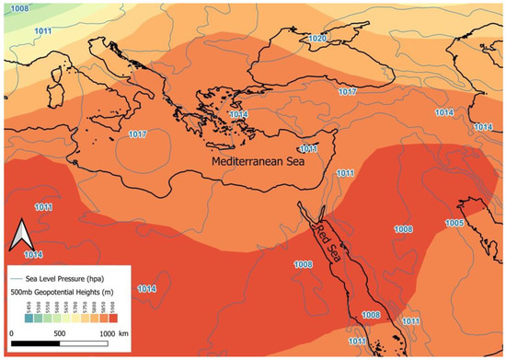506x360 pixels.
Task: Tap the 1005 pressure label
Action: click(454, 224)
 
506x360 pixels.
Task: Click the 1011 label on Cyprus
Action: click(308, 148)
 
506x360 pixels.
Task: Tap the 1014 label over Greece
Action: click(238, 115)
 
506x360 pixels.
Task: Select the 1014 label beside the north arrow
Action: click(32, 254)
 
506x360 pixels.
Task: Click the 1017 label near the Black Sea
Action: click(348, 93)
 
